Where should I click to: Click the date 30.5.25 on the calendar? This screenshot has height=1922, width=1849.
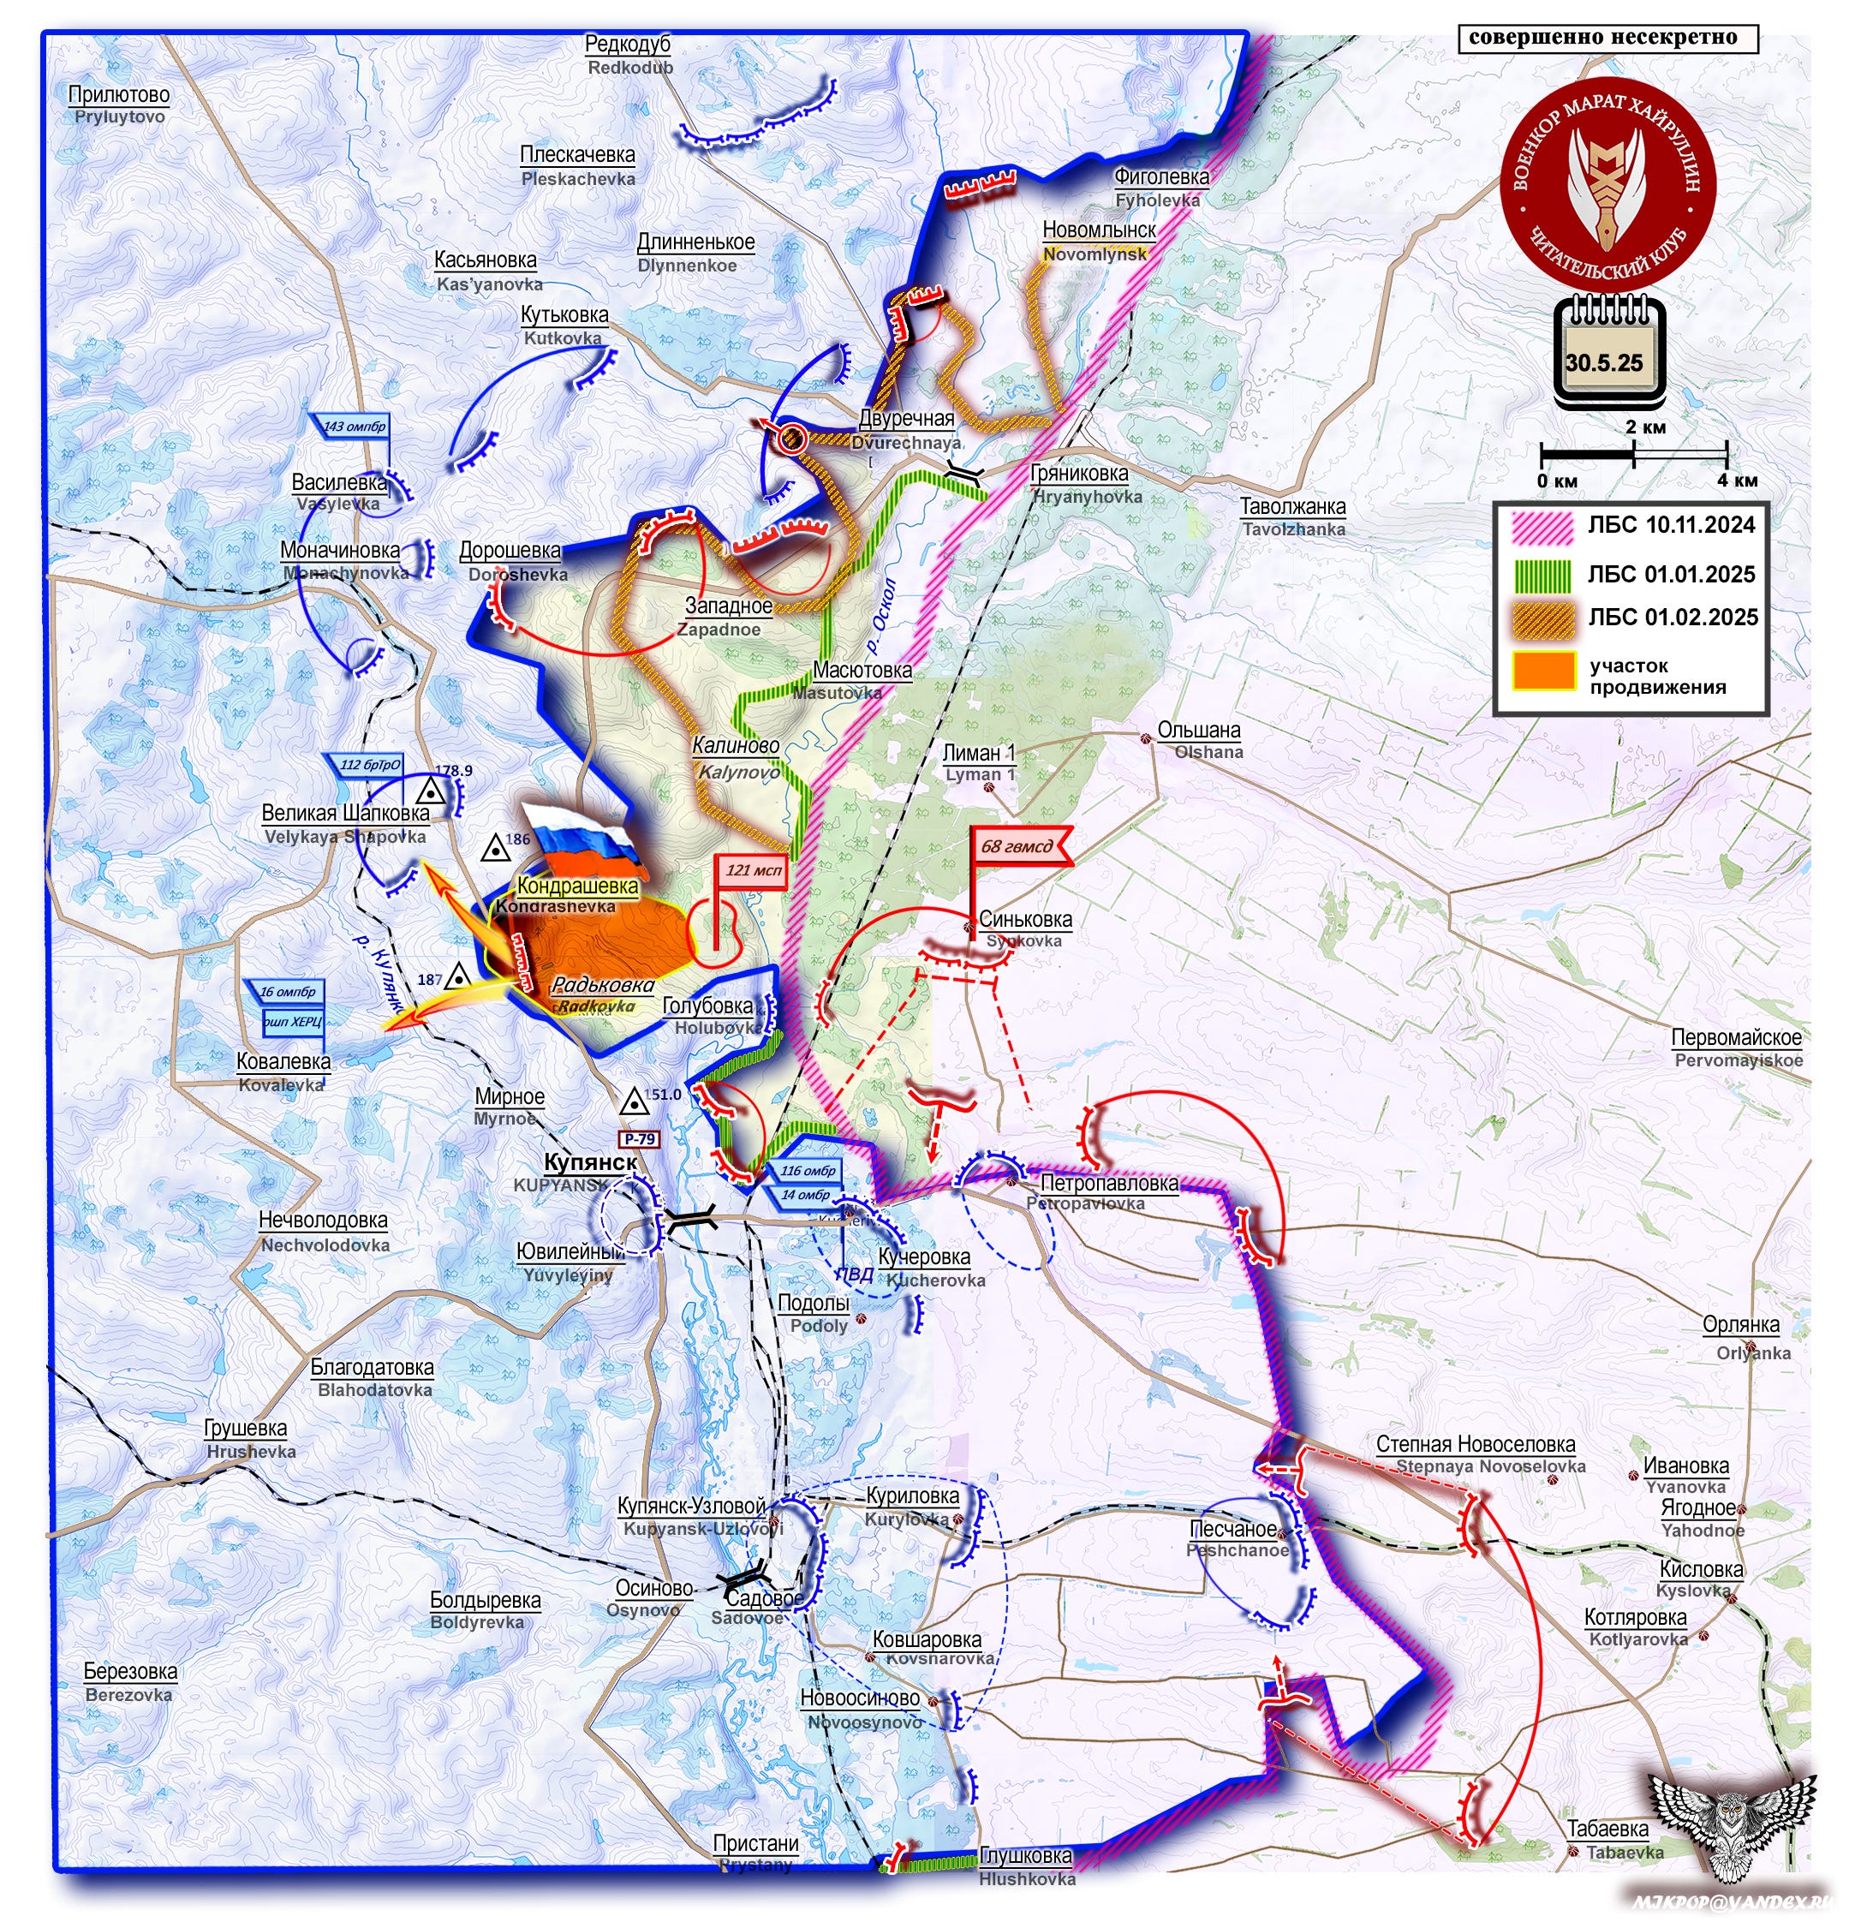pos(1604,363)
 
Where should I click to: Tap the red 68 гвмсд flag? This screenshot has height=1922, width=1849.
pos(1017,846)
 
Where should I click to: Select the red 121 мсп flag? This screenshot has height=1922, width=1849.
pos(753,871)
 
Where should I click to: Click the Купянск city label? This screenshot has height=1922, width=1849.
pos(590,1163)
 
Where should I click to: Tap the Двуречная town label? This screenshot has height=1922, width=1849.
pos(906,419)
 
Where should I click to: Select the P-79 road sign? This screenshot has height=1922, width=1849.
pos(639,1138)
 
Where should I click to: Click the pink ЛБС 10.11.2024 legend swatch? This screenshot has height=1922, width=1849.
pos(1542,527)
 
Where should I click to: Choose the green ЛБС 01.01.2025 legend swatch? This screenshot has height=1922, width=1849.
pos(1542,574)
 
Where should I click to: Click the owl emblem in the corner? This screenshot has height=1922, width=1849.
pos(1733,1814)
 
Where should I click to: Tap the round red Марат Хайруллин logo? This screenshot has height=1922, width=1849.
pos(1607,182)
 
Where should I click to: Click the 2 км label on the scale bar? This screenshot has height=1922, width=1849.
pos(1645,427)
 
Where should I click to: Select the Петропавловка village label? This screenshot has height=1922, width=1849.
pos(1109,1184)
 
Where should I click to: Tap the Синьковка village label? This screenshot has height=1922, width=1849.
pos(1025,920)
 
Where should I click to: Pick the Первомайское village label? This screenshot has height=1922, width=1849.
pos(1736,1037)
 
